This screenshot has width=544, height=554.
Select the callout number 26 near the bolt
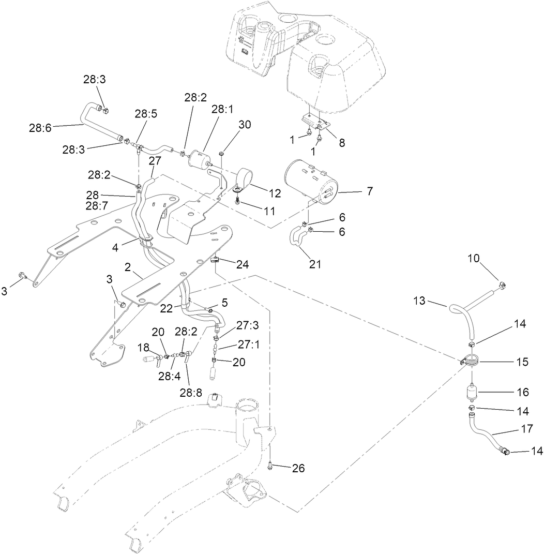tap(298, 469)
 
